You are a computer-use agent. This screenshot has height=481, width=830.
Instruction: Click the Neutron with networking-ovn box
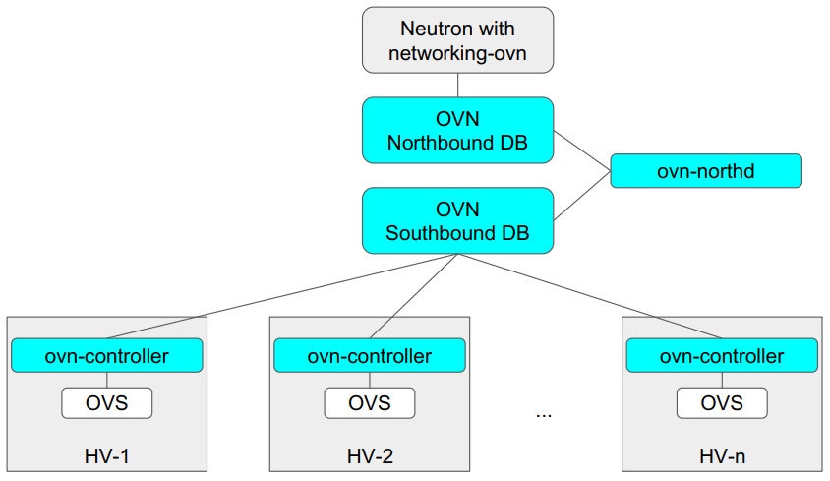click(x=457, y=40)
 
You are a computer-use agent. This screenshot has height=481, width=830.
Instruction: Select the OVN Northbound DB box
click(x=457, y=130)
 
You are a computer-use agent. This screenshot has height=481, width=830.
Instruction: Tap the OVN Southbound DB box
click(x=457, y=220)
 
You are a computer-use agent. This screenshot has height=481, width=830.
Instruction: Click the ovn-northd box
click(x=705, y=171)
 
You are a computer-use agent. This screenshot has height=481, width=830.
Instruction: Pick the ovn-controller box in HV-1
click(x=106, y=355)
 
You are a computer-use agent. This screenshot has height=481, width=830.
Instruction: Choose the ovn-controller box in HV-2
click(x=369, y=355)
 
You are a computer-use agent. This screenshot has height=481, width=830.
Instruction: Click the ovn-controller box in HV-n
click(x=721, y=355)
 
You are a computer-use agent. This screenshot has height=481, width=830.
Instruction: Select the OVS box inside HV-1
click(x=106, y=402)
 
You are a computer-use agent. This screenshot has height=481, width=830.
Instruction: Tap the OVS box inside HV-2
click(x=369, y=402)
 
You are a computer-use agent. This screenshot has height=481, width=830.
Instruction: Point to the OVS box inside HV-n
click(x=721, y=402)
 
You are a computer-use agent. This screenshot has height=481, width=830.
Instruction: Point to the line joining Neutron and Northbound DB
click(x=457, y=85)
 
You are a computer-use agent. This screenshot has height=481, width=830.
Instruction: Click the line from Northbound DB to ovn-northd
click(x=582, y=150)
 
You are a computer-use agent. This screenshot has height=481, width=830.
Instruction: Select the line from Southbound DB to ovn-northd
click(x=582, y=196)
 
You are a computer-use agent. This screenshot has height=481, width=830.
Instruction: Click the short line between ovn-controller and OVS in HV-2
click(x=369, y=380)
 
